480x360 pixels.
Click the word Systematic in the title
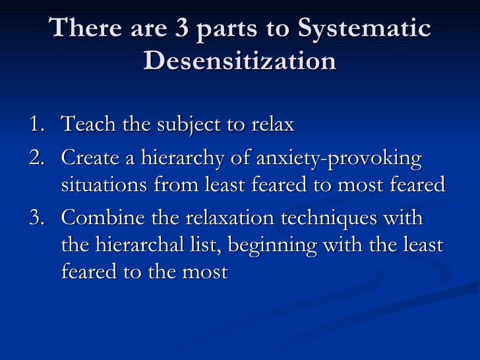(364, 29)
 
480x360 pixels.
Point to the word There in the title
(83, 29)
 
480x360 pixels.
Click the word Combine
(99, 218)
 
